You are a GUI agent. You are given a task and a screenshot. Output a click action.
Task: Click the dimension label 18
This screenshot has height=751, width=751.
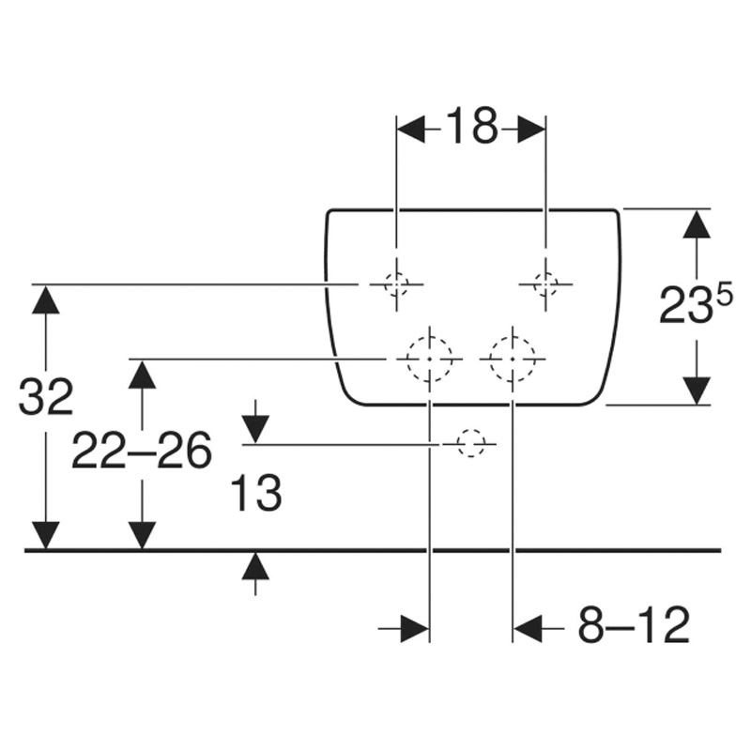(472, 126)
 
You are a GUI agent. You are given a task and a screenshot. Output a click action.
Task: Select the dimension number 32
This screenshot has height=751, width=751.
(46, 396)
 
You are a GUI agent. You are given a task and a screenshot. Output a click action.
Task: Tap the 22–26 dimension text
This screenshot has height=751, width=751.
(142, 450)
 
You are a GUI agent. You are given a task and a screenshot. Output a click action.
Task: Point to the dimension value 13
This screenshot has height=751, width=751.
(255, 493)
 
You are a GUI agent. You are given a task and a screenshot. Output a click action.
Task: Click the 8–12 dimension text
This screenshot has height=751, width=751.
(635, 625)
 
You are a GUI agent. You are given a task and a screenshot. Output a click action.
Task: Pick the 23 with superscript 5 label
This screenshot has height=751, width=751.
(696, 304)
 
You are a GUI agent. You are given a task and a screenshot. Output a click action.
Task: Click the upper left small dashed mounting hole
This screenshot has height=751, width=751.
(396, 284)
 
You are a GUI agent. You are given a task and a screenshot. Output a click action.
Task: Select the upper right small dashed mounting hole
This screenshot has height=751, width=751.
(545, 284)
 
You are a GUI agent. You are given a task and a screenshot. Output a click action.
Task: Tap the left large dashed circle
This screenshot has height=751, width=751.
(430, 359)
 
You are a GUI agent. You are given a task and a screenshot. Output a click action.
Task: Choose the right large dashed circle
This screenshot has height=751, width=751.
(513, 359)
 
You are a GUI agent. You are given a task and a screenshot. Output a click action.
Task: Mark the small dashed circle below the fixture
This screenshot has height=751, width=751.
(471, 444)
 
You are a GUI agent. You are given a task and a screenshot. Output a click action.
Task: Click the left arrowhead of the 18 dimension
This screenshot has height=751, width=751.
(410, 130)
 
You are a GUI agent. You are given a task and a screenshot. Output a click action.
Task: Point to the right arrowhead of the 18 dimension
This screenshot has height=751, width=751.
(531, 130)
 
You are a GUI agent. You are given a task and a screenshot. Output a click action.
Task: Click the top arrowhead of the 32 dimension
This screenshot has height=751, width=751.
(46, 299)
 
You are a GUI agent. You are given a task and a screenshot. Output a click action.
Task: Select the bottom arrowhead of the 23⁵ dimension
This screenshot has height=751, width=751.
(697, 391)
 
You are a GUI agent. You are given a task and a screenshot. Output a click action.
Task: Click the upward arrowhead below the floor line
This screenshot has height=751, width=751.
(255, 566)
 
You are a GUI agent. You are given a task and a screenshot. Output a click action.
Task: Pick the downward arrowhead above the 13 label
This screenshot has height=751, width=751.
(255, 430)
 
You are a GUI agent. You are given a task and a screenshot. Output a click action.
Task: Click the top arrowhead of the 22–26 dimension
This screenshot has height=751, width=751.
(142, 374)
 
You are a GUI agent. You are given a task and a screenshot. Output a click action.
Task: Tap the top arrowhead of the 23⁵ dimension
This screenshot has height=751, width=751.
(697, 223)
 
